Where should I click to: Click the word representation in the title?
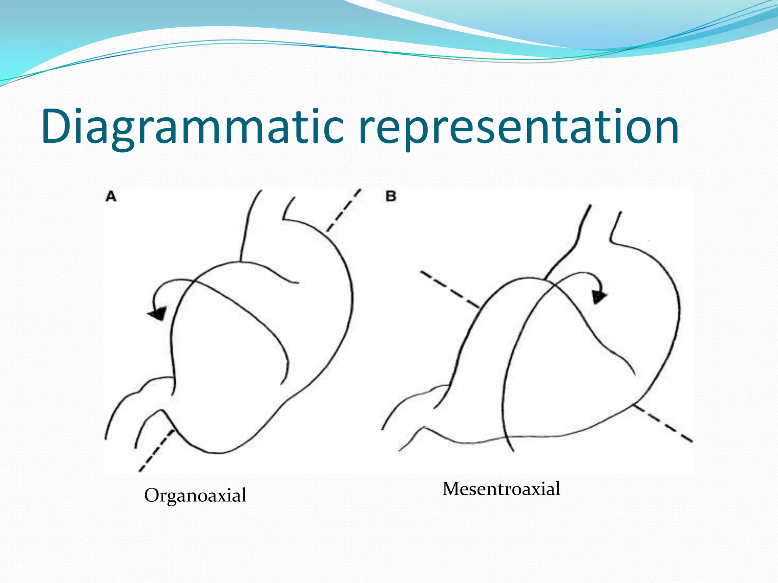click(x=519, y=127)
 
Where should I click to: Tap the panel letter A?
click(x=111, y=197)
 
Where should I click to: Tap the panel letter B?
click(x=391, y=196)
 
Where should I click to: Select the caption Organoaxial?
click(x=195, y=495)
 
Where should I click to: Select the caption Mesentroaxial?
click(x=501, y=488)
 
